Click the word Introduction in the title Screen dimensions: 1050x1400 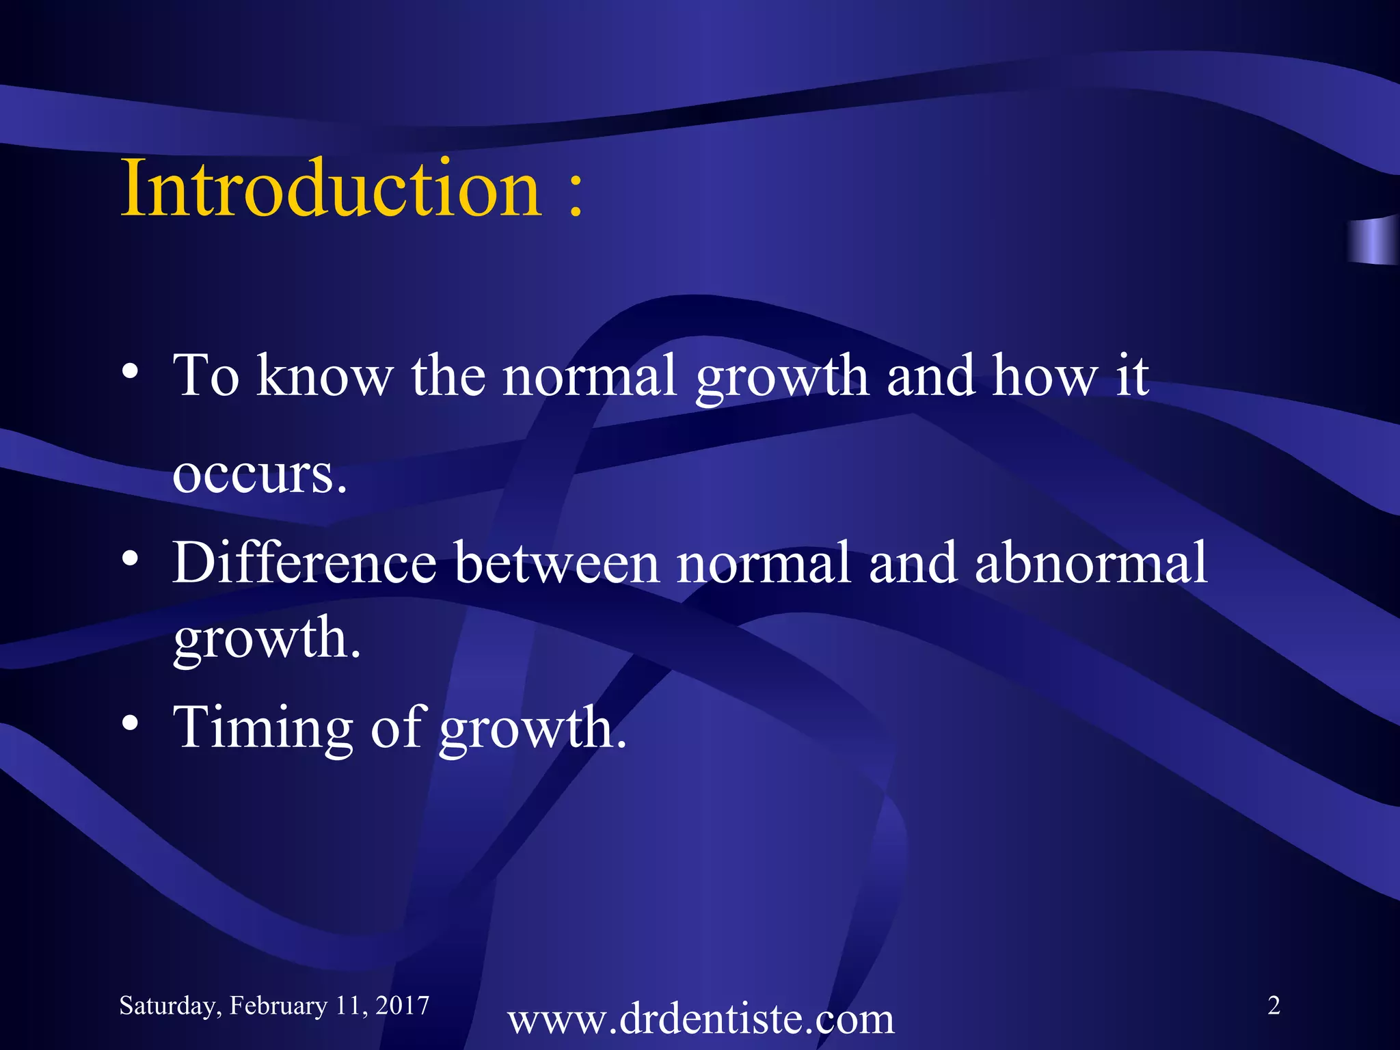[331, 187]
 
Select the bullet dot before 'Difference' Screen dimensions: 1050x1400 [131, 559]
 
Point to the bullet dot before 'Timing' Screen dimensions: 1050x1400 [131, 723]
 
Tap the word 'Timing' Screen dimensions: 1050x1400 [262, 727]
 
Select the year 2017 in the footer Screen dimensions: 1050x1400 [402, 1005]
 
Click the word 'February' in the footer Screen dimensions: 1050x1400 [278, 1006]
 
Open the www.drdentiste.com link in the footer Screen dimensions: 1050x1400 [701, 1019]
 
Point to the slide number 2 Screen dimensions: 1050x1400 [1274, 1005]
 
